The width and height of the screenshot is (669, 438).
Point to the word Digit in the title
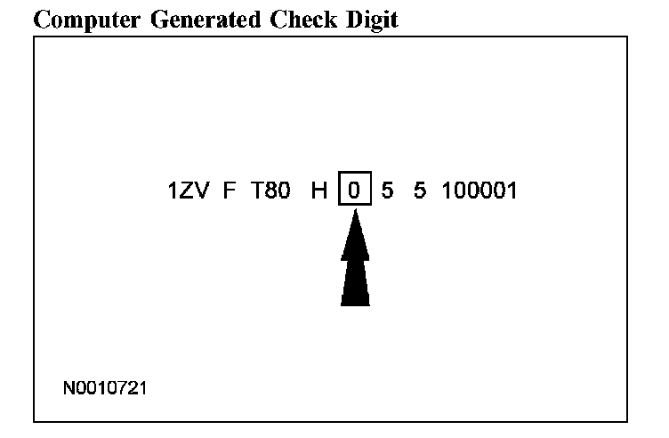367,20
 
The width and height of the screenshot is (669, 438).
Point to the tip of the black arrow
355,212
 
